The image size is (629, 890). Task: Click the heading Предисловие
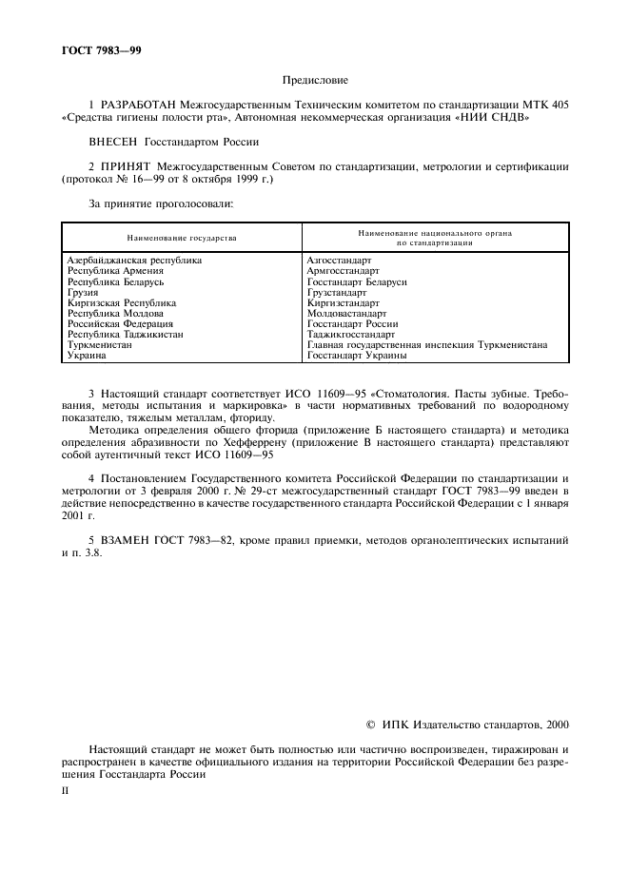click(x=315, y=82)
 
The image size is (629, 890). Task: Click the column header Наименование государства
click(x=182, y=238)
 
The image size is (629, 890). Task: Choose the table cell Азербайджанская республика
click(x=134, y=260)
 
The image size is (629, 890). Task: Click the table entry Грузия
click(x=83, y=293)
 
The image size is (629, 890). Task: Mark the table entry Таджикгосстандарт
click(x=351, y=335)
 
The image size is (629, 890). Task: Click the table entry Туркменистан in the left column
click(x=100, y=345)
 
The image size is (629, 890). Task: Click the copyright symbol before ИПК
click(x=371, y=725)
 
